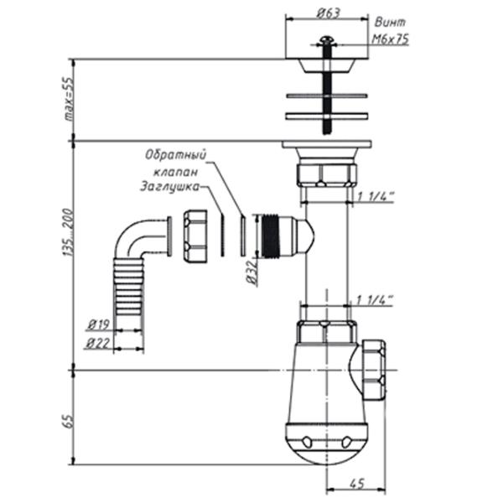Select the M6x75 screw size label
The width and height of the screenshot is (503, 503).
pos(390,39)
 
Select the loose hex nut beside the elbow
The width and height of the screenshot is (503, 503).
pos(198,236)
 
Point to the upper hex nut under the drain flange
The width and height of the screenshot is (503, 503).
pos(327,174)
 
